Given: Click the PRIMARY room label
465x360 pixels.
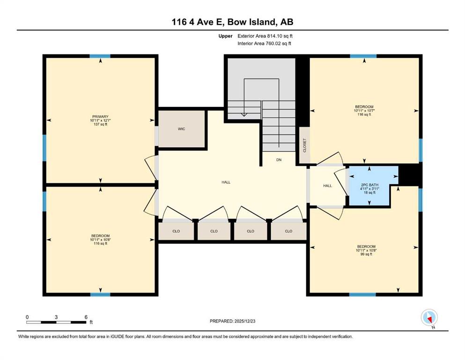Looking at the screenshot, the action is coord(100,117).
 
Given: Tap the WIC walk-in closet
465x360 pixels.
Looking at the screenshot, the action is coord(182,129).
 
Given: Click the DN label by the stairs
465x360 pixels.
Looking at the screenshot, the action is coord(279,160).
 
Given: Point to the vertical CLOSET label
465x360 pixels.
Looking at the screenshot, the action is coord(304,145).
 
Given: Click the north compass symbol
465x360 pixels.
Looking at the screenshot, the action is coord(429,318).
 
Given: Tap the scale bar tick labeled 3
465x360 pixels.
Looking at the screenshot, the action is coord(56,317).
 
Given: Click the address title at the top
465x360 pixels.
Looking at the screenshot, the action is coord(232,22).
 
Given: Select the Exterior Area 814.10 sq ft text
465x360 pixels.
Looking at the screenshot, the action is coord(265,36).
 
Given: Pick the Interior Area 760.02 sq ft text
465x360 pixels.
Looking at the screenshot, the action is coord(264,43).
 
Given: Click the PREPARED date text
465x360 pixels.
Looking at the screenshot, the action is coord(232,321).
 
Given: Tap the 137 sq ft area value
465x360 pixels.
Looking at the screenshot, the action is coord(100,124).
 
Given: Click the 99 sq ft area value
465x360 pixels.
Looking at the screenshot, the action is coord(366,254).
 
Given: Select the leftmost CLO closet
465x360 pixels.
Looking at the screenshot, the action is coord(176,231).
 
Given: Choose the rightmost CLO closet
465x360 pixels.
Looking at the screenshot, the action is coord(288,231).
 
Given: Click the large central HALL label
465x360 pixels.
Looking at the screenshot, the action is coord(226,182).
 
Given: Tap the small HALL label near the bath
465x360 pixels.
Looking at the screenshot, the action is coord(327,186).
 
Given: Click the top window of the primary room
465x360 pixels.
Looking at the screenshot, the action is coord(100,56).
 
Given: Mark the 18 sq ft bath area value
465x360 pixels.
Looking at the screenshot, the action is coord(370,192).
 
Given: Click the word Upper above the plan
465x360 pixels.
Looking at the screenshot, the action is coord(225,36).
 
